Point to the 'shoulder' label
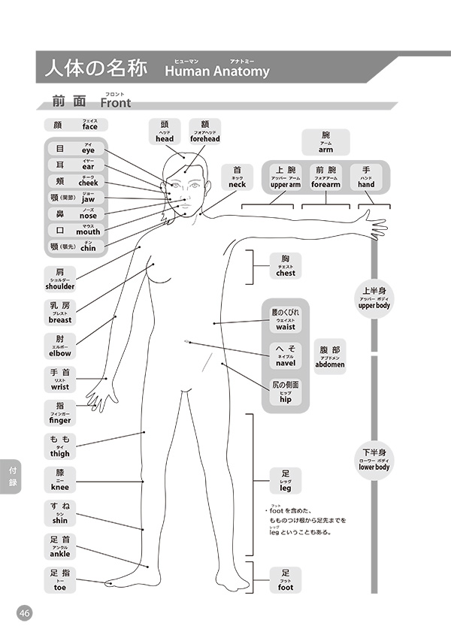(x=60, y=280)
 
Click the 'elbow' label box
(x=60, y=346)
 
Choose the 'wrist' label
(x=60, y=380)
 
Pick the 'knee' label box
(x=60, y=481)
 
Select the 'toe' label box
(x=60, y=581)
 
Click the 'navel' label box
(x=286, y=356)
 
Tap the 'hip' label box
(x=286, y=393)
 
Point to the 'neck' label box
(x=237, y=177)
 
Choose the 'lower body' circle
(x=374, y=459)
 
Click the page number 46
(x=25, y=613)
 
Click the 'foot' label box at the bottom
(x=286, y=580)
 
